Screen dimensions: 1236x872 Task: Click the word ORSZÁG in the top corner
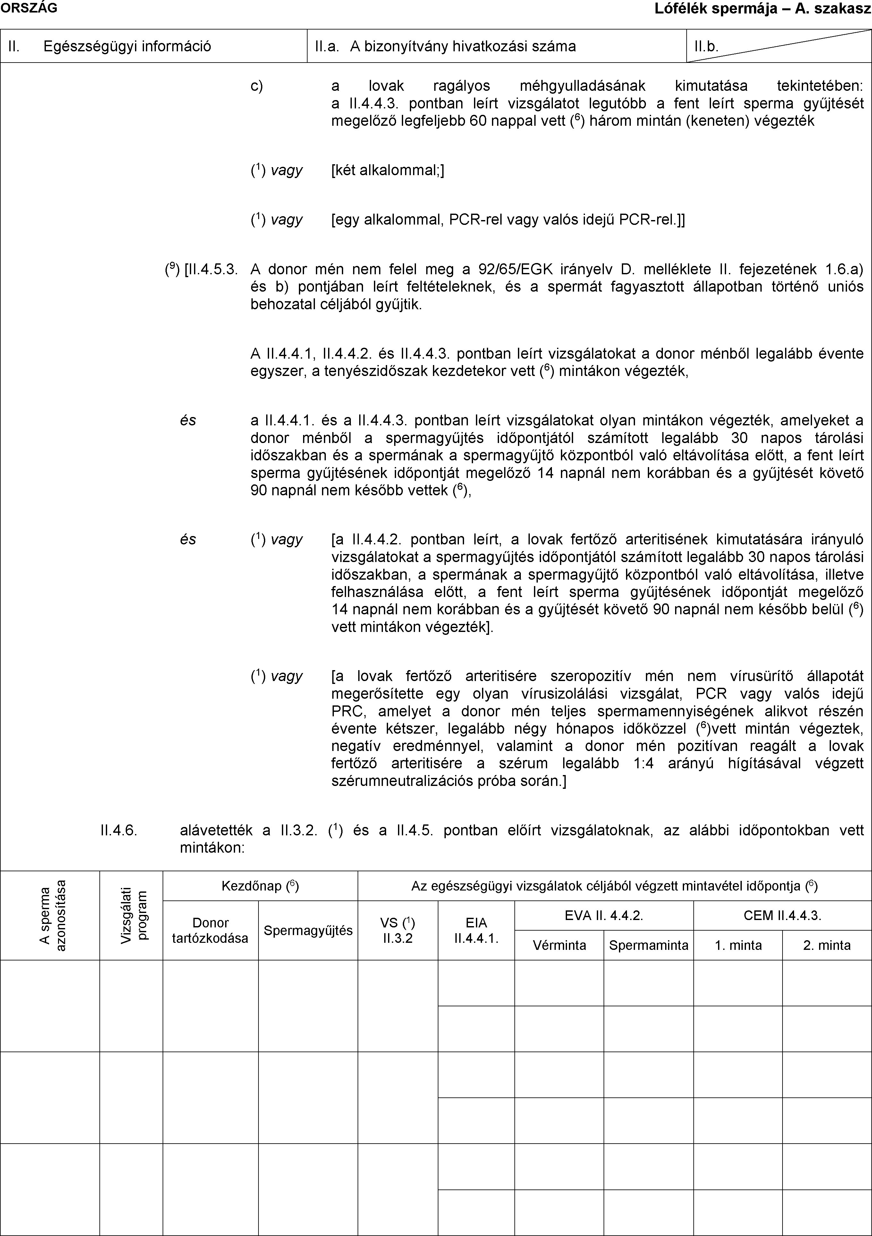pyautogui.click(x=28, y=7)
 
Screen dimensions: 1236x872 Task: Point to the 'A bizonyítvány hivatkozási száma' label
pyautogui.click(x=463, y=46)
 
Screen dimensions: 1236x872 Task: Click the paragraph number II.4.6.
pyautogui.click(x=118, y=830)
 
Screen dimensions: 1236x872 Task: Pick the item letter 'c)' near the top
pyautogui.click(x=257, y=86)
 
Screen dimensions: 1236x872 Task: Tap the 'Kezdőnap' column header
pyautogui.click(x=260, y=886)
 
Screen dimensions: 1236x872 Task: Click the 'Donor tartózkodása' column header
pyautogui.click(x=210, y=931)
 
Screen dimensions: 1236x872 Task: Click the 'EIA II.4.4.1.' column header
pyautogui.click(x=476, y=931)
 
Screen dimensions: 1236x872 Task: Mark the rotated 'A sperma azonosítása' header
pyautogui.click(x=55, y=915)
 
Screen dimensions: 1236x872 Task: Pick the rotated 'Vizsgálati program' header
pyautogui.click(x=135, y=915)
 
